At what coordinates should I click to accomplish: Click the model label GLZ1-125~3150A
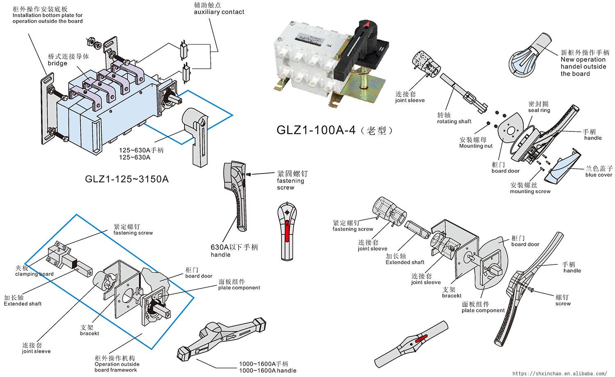(x=127, y=179)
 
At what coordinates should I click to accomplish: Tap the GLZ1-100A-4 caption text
(x=335, y=130)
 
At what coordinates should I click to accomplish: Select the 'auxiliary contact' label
(x=219, y=12)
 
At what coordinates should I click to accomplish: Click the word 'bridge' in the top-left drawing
(x=57, y=63)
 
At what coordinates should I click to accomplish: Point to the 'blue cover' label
(x=599, y=175)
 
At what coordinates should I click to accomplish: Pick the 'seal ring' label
(x=539, y=110)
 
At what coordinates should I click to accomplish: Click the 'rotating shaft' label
(x=454, y=121)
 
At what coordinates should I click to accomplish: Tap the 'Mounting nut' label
(x=476, y=146)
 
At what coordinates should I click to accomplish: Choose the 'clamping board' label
(x=34, y=274)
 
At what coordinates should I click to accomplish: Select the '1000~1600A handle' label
(x=268, y=370)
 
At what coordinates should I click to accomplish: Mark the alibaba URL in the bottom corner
(x=560, y=373)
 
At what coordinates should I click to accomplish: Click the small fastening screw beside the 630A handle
(x=250, y=174)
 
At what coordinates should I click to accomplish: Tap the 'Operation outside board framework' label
(x=117, y=367)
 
